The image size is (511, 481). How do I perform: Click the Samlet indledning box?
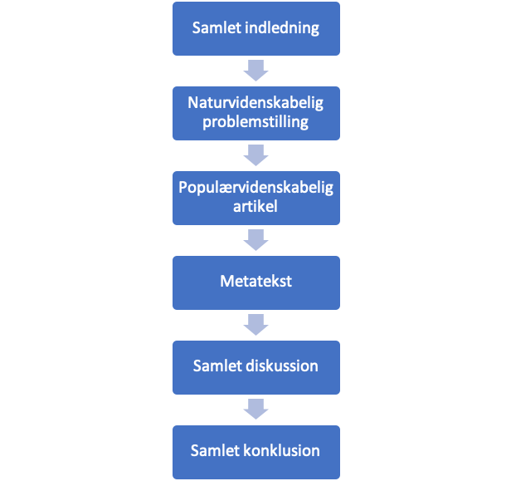255,28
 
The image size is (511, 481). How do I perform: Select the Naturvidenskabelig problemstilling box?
255,113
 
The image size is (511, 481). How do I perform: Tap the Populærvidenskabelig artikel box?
255,198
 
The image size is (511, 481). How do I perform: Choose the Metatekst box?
255,282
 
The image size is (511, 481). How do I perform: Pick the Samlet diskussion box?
255,366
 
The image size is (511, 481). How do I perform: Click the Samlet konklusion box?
255,451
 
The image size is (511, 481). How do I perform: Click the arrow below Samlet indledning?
255,70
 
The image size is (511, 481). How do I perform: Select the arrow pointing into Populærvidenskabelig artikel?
255,155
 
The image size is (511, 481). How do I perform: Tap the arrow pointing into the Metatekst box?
255,239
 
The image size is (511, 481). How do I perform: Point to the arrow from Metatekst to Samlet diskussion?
255,324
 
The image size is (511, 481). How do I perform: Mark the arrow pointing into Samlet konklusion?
255,409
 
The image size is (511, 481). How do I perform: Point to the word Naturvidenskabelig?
255,104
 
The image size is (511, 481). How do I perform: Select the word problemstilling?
255,123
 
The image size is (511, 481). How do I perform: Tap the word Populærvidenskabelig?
255,188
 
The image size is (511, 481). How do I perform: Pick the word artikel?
255,207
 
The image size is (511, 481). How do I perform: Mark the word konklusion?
281,451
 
